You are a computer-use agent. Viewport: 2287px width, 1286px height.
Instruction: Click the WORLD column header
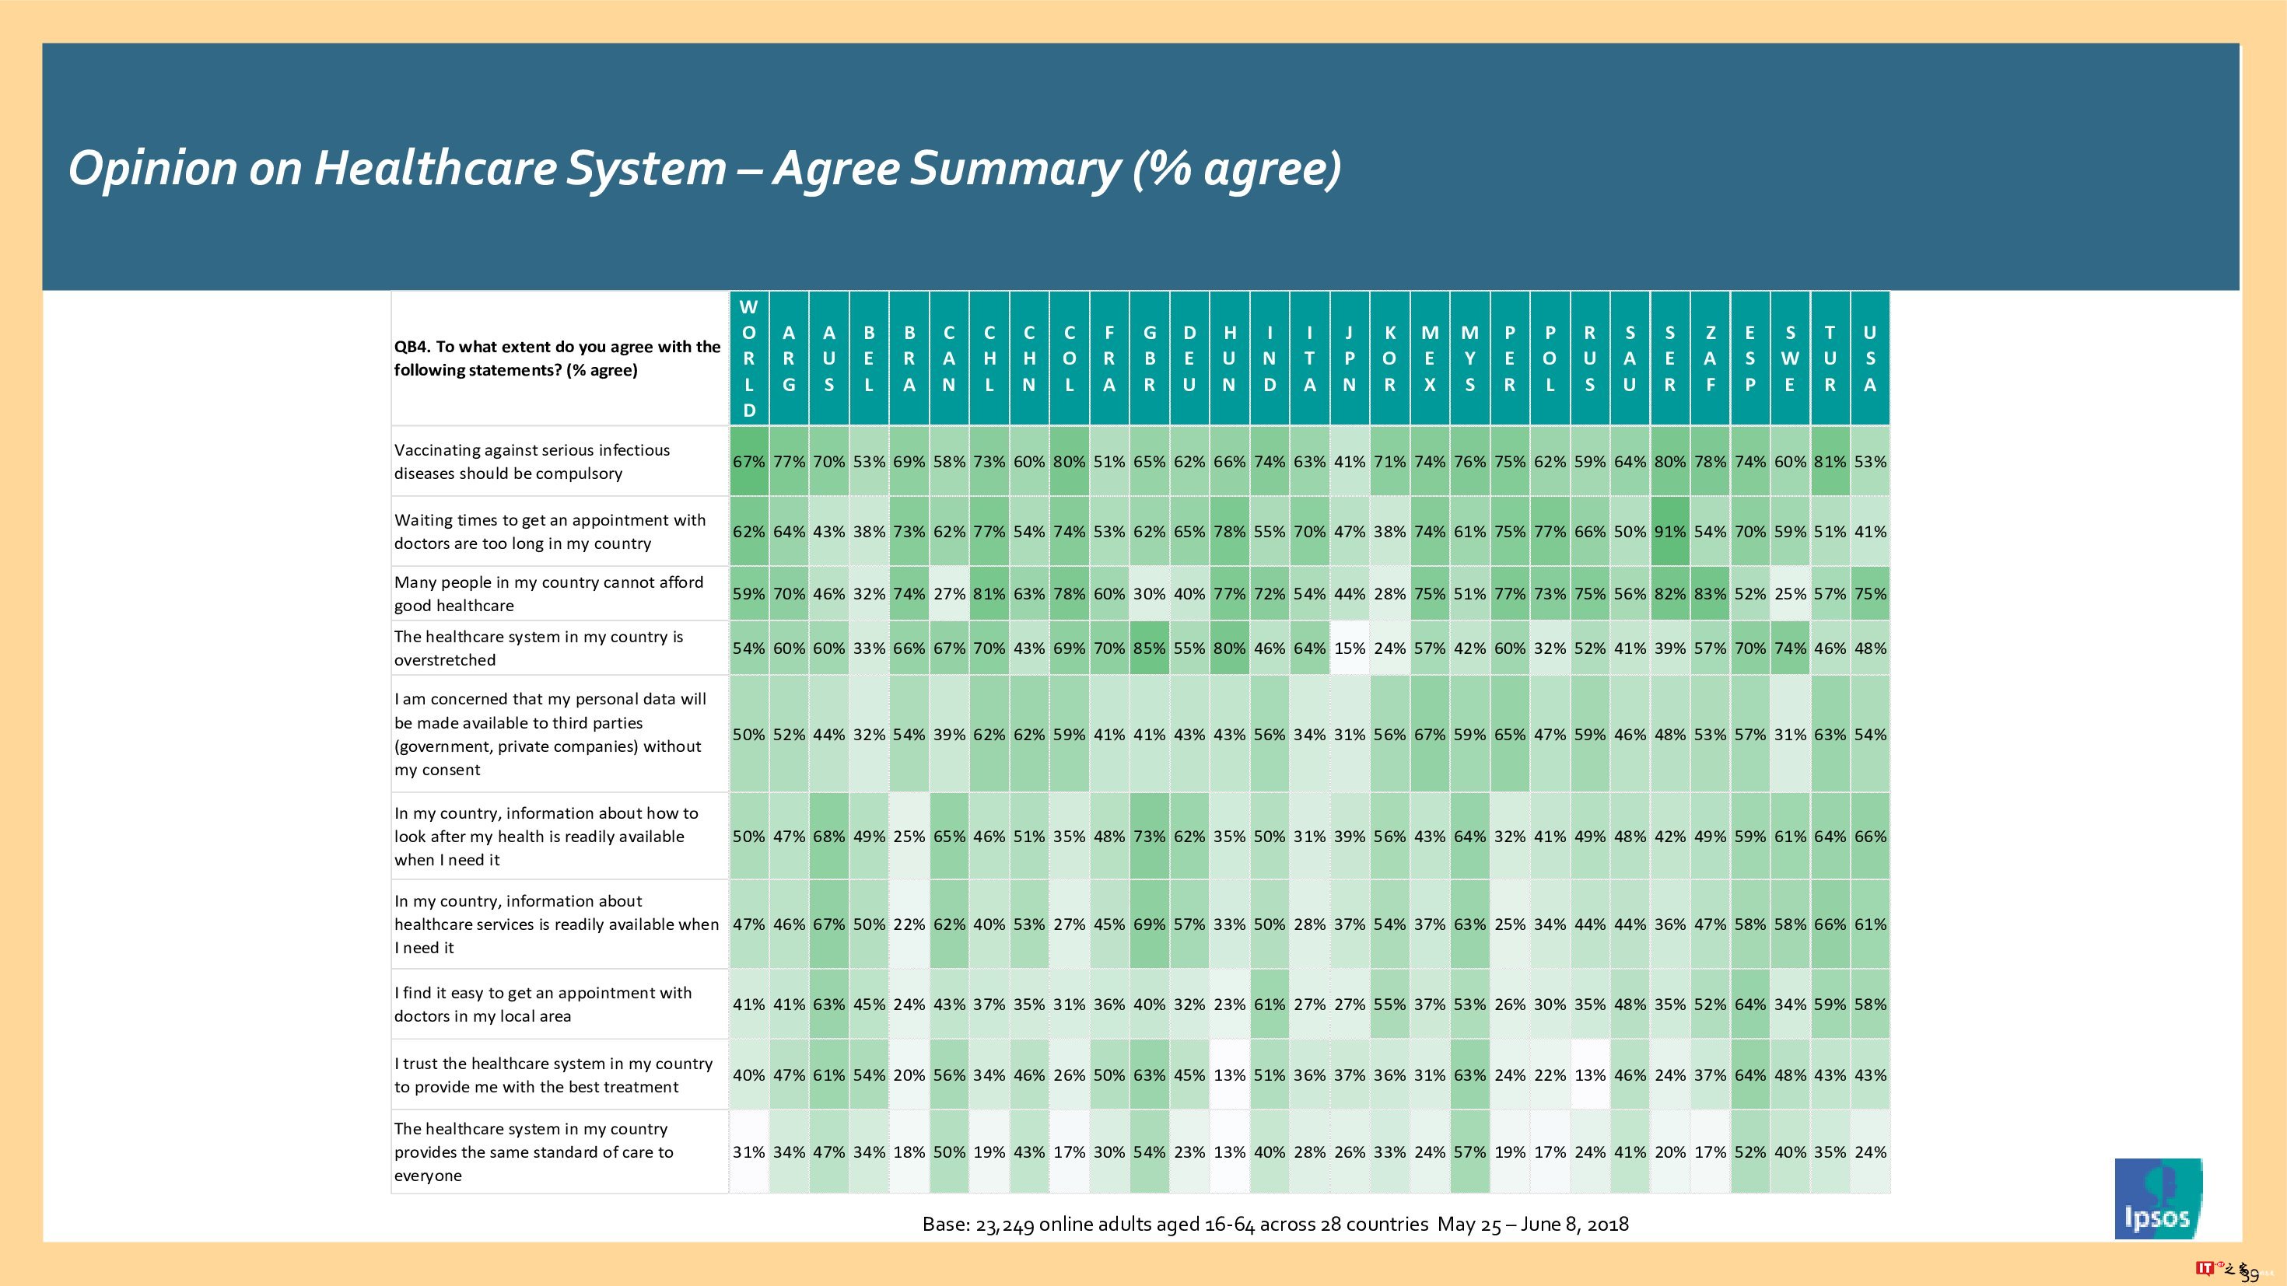(x=748, y=358)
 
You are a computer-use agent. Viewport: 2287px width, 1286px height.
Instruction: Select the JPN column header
(x=1349, y=358)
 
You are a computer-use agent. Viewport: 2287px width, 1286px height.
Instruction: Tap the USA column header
(x=1870, y=358)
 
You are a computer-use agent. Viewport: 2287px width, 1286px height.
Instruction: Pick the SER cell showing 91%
(x=1669, y=532)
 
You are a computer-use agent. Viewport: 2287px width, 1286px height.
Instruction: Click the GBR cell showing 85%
(x=1149, y=648)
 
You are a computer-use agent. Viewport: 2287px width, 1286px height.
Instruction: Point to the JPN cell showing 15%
(x=1349, y=648)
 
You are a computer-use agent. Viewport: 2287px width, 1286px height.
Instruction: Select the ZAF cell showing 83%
(x=1710, y=594)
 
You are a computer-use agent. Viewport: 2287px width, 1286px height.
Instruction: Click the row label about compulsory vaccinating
(x=532, y=462)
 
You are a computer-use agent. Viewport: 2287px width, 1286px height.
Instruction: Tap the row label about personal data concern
(x=551, y=734)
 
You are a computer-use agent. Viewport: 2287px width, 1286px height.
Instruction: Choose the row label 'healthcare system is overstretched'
(x=538, y=648)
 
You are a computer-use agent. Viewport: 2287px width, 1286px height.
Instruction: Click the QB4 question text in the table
(x=557, y=358)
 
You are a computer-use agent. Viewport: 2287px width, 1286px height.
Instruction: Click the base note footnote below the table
(x=1275, y=1224)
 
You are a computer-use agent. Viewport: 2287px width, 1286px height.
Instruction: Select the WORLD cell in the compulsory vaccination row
(x=748, y=462)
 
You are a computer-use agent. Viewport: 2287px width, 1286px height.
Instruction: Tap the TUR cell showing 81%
(x=1830, y=462)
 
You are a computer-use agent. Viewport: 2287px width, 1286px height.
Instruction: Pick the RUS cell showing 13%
(x=1589, y=1075)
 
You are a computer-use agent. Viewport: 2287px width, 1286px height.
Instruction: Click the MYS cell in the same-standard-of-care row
(x=1469, y=1152)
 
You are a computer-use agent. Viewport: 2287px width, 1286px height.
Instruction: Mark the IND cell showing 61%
(x=1269, y=1005)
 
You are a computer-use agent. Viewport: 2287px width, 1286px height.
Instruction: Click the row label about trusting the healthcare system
(x=553, y=1075)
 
